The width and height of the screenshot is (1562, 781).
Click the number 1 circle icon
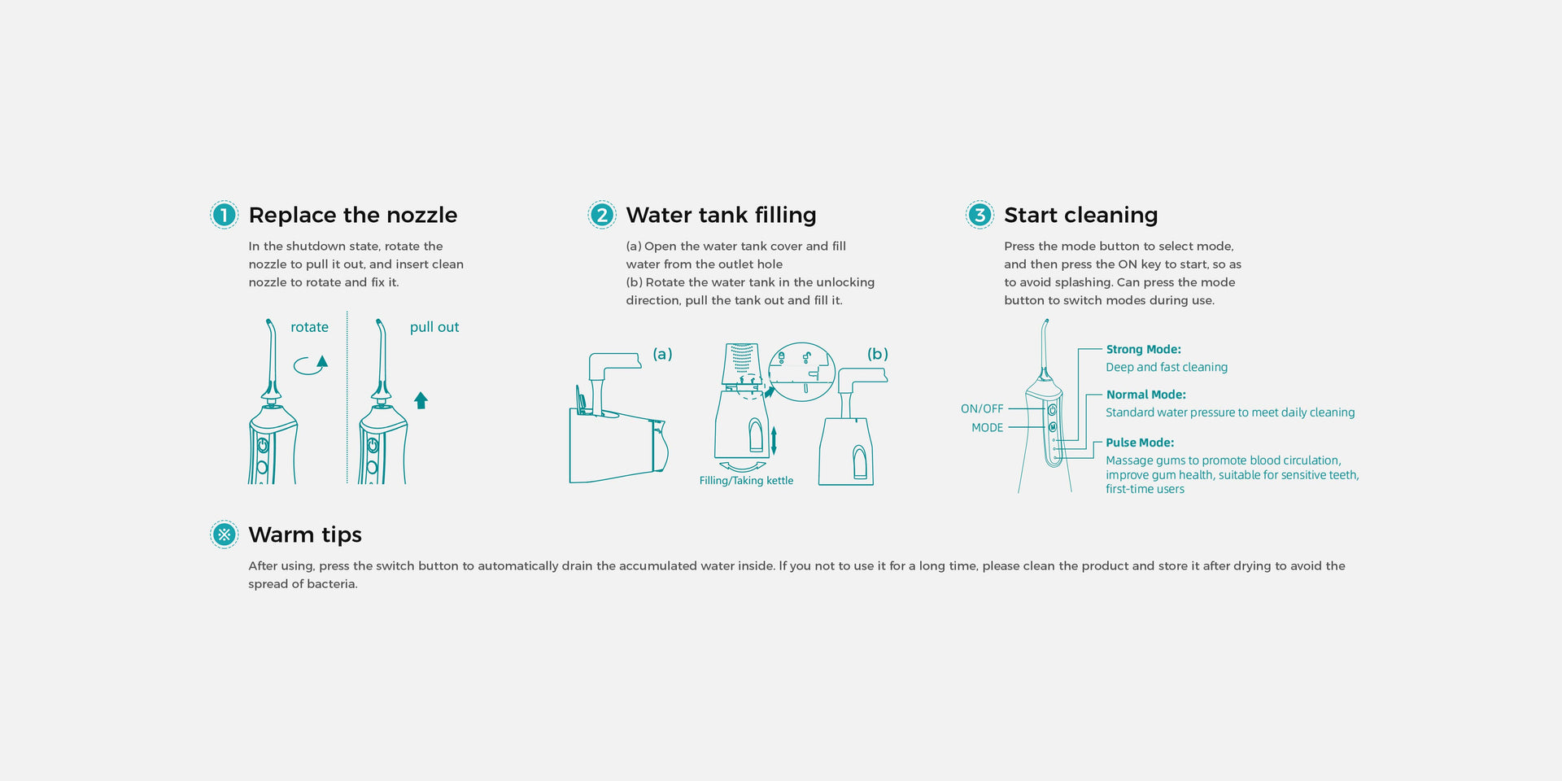[x=224, y=215]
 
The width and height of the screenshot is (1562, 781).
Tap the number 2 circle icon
[x=602, y=215]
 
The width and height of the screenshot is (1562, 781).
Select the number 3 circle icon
[x=980, y=215]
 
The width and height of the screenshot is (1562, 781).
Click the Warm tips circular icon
[x=224, y=534]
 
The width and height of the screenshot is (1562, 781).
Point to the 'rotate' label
[x=309, y=327]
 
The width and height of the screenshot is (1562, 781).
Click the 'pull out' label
[x=434, y=327]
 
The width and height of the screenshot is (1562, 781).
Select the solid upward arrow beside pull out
[x=421, y=400]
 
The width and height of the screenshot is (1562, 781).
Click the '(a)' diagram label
[x=662, y=354]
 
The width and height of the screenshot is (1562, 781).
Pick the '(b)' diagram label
[x=877, y=354]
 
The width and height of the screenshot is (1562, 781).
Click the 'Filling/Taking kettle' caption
[x=746, y=481]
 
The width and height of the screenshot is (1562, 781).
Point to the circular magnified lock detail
[x=801, y=371]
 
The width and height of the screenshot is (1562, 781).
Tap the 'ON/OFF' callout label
[x=982, y=409]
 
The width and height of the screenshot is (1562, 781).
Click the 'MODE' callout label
[x=987, y=428]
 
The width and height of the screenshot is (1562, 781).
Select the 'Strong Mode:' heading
[x=1143, y=350]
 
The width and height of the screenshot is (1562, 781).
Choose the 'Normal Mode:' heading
[x=1145, y=395]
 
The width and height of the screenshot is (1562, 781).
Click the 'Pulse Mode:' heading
[x=1139, y=443]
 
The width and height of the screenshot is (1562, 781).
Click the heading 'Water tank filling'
[x=721, y=215]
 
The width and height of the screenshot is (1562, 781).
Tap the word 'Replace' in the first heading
[x=292, y=215]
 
